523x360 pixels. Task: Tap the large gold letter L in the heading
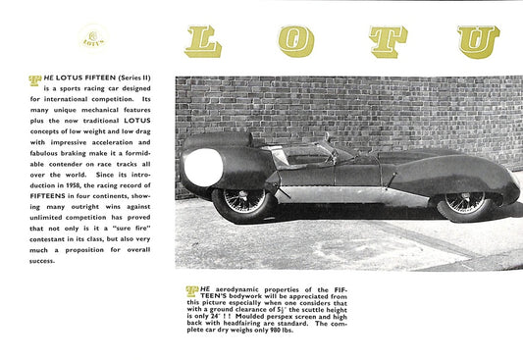click(203, 41)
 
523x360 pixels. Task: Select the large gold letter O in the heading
click(296, 41)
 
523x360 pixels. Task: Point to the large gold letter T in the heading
click(389, 41)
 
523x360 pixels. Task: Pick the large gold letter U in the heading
click(478, 41)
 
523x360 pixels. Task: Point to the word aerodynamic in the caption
click(236, 291)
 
